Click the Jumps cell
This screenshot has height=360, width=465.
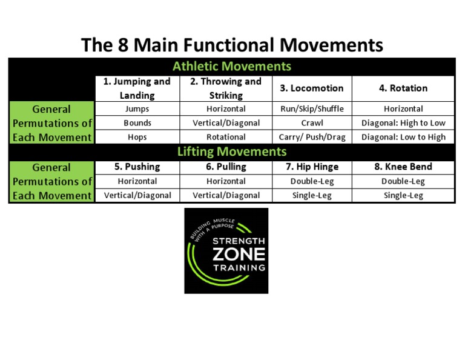pyautogui.click(x=137, y=109)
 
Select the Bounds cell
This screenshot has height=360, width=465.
pyautogui.click(x=137, y=123)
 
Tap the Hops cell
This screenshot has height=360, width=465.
pyautogui.click(x=137, y=137)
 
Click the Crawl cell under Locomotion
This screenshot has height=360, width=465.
pyautogui.click(x=312, y=123)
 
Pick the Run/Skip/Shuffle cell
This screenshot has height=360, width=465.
pyautogui.click(x=312, y=109)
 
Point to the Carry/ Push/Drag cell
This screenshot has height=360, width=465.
pyautogui.click(x=312, y=137)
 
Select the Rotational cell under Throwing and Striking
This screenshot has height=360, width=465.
pyautogui.click(x=226, y=137)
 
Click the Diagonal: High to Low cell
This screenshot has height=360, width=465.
pyautogui.click(x=403, y=123)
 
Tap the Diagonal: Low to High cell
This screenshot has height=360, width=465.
pyautogui.click(x=403, y=137)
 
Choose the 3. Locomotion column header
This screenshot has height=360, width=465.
pyautogui.click(x=312, y=88)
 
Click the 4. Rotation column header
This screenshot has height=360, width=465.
pyautogui.click(x=403, y=88)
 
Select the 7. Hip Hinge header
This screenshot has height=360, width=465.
pyautogui.click(x=312, y=167)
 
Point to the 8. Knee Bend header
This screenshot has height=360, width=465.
pyautogui.click(x=403, y=167)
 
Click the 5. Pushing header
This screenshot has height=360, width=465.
pyautogui.click(x=137, y=167)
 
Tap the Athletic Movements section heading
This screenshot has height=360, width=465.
pyautogui.click(x=232, y=67)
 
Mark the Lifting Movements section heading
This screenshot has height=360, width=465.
pyautogui.click(x=232, y=152)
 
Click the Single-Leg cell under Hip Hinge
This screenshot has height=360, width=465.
pyautogui.click(x=312, y=195)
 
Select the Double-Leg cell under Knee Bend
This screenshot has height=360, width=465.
pyautogui.click(x=403, y=181)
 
